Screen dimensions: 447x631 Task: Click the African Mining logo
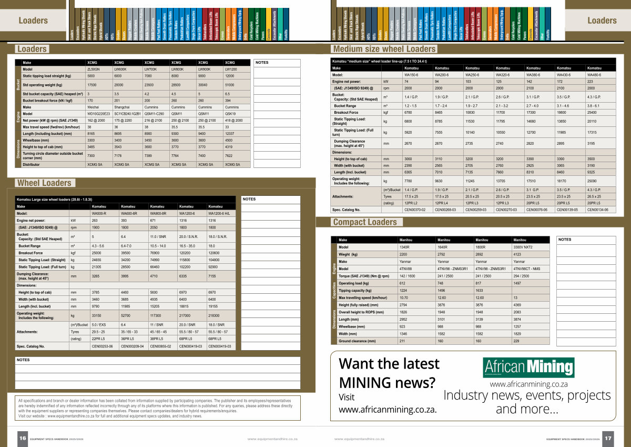[528, 367]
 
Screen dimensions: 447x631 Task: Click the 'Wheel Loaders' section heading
[44, 183]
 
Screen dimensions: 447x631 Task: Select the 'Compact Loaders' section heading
[365, 222]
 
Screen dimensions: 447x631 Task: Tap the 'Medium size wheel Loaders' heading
[384, 49]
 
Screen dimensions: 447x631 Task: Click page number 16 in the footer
[23, 438]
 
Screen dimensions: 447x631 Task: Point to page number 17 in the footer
[607, 438]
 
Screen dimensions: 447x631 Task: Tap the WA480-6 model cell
[594, 75]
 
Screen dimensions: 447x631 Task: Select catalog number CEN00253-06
[102, 346]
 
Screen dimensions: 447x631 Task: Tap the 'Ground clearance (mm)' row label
[358, 341]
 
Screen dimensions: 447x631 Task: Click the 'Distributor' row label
[31, 164]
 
